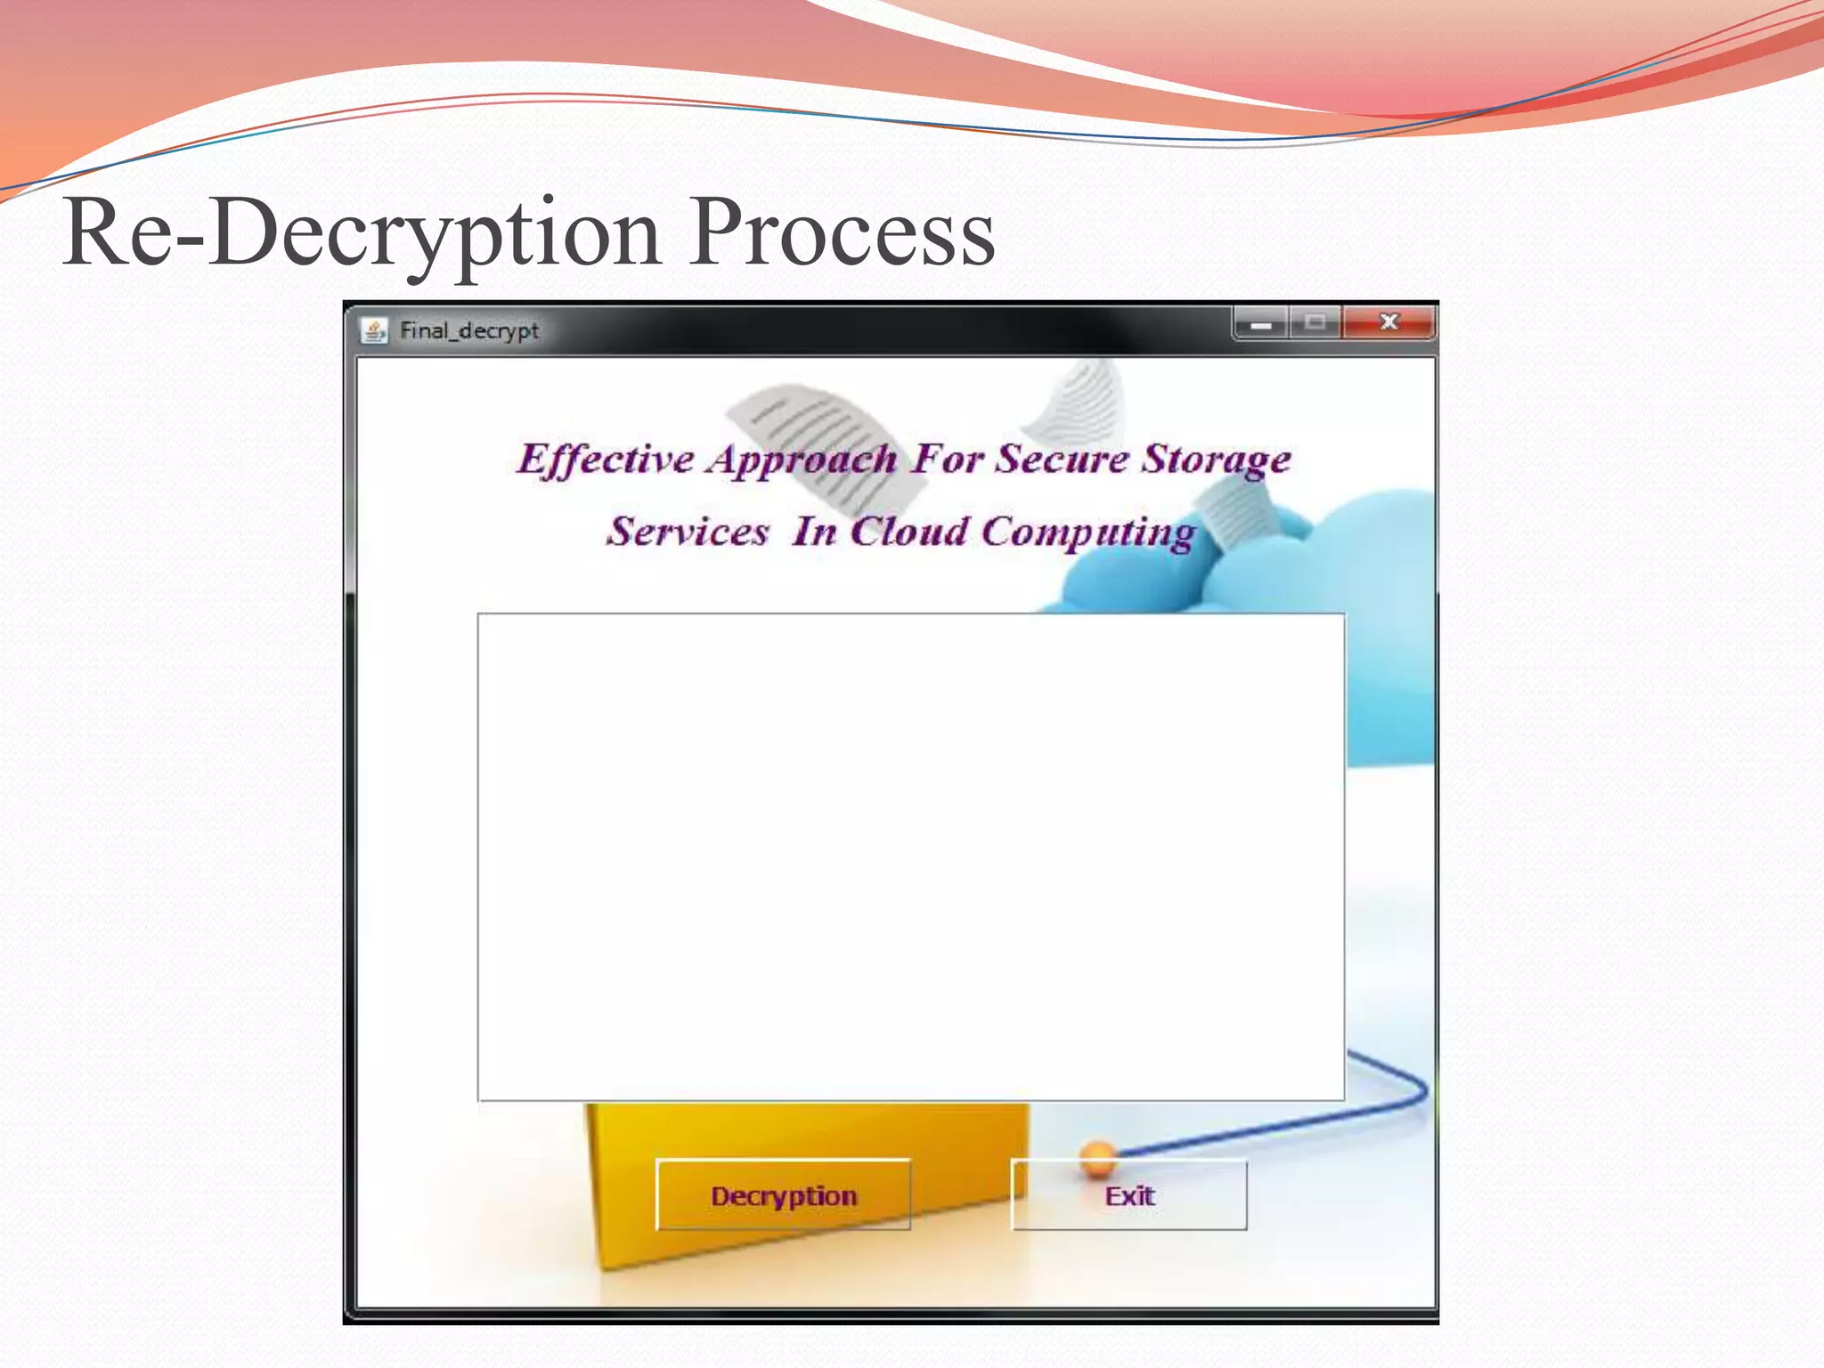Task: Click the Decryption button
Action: [783, 1195]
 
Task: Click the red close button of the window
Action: [1388, 322]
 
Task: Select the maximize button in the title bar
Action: [1315, 322]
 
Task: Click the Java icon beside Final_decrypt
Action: [374, 330]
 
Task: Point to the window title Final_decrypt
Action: [469, 330]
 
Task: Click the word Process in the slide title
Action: [842, 233]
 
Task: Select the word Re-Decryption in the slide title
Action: [362, 233]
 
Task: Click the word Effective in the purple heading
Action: [606, 460]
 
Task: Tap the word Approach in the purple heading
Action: [802, 460]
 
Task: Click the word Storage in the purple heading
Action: [1217, 460]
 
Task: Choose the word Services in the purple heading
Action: [688, 532]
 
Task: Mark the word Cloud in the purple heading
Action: [909, 532]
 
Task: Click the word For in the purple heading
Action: [947, 460]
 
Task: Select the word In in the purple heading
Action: [815, 532]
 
